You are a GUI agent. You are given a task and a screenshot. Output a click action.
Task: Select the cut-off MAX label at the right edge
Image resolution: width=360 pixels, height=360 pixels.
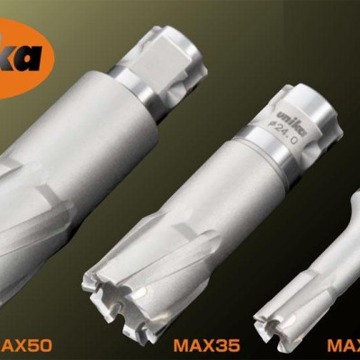tap(344, 344)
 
